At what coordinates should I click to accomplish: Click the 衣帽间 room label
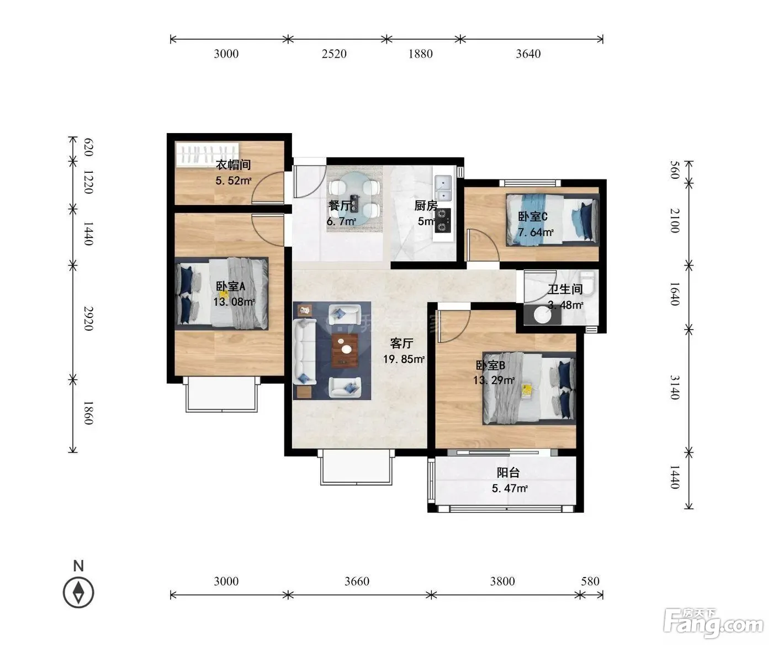(233, 165)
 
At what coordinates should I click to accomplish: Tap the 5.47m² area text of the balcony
(510, 488)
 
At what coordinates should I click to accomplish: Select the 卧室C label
(532, 216)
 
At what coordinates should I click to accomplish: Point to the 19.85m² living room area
(404, 359)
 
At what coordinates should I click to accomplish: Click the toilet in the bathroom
(587, 283)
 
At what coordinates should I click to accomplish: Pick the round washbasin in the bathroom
(542, 315)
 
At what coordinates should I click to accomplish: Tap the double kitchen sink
(443, 188)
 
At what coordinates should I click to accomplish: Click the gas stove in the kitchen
(442, 220)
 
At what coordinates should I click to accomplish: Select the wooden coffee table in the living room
(345, 350)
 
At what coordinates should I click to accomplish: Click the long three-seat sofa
(304, 352)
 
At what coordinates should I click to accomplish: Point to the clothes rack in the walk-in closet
(207, 154)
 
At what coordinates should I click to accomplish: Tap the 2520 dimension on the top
(334, 54)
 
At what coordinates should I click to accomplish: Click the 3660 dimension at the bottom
(357, 581)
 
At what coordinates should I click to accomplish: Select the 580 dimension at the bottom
(590, 581)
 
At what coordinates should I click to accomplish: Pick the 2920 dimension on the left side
(88, 319)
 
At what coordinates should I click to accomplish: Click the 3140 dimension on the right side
(675, 387)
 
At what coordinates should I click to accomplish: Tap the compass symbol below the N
(78, 592)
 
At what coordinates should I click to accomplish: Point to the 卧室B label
(490, 366)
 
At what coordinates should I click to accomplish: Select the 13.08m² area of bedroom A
(234, 301)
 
